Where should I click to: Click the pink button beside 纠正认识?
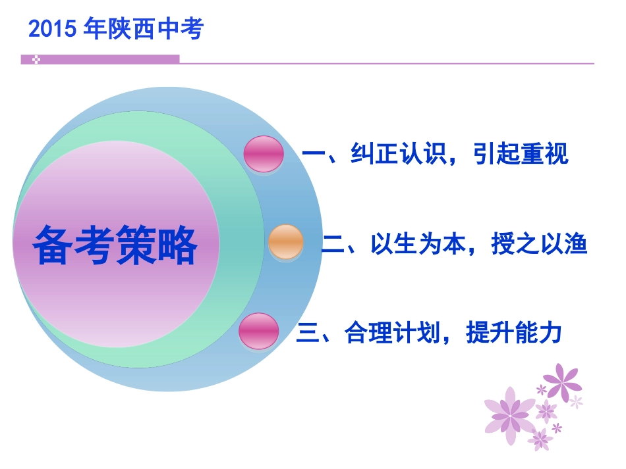(264, 154)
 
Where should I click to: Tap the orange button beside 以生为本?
(286, 241)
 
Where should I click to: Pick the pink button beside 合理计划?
(258, 331)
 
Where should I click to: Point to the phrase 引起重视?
(520, 155)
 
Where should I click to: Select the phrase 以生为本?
(416, 245)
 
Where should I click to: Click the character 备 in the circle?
(54, 245)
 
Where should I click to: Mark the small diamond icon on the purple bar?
(36, 59)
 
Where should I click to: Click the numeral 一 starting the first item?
(314, 155)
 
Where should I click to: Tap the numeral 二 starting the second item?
(333, 245)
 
